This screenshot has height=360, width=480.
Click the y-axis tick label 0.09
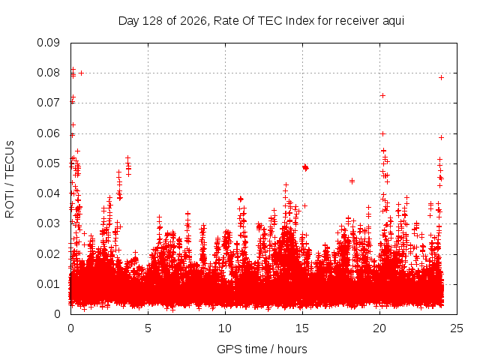click(x=48, y=43)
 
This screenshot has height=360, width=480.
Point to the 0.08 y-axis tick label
click(x=48, y=73)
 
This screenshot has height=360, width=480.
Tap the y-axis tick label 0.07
click(x=48, y=103)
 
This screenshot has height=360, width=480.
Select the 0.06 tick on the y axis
click(x=48, y=133)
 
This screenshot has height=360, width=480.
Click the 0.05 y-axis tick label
click(x=48, y=163)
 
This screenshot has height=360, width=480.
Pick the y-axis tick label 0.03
click(x=48, y=223)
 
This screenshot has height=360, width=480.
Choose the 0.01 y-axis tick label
click(x=48, y=284)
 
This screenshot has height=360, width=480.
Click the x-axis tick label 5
click(x=148, y=328)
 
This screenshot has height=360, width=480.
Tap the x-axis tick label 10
click(x=225, y=328)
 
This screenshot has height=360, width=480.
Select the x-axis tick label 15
click(x=302, y=328)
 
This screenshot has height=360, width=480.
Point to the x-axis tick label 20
click(x=379, y=328)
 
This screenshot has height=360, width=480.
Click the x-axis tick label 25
click(x=457, y=328)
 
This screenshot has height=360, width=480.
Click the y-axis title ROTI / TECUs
click(x=10, y=179)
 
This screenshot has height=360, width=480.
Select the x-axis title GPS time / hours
click(x=262, y=349)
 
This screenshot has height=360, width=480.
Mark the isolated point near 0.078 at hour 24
click(x=441, y=78)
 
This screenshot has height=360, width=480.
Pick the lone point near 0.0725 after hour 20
click(x=382, y=96)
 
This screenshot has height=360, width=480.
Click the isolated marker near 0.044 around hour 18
click(x=352, y=181)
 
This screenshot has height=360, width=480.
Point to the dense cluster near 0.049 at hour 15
click(x=305, y=167)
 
